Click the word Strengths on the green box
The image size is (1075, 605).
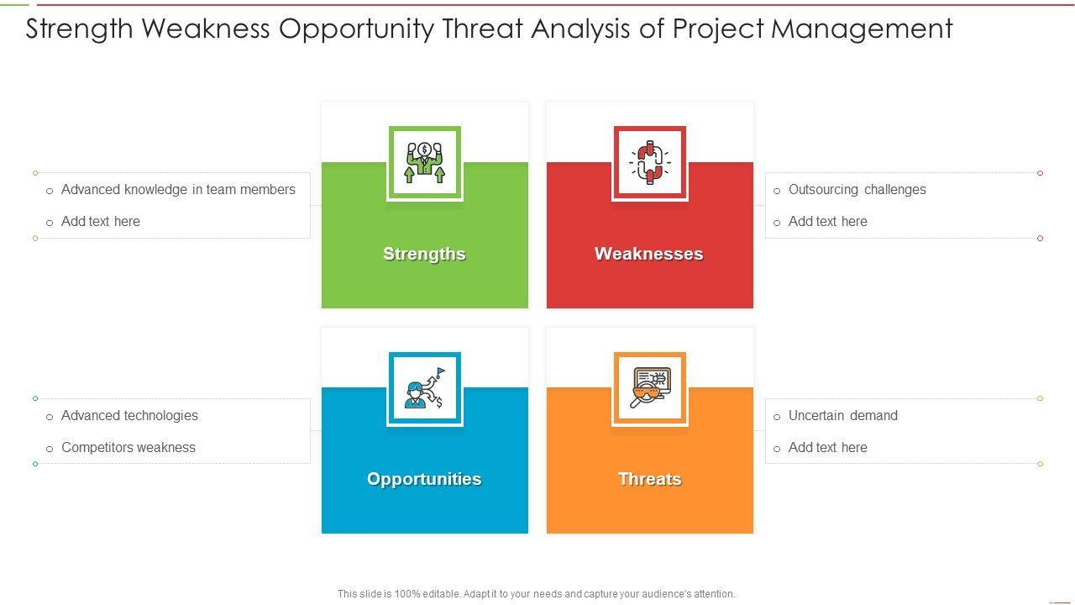point(424,254)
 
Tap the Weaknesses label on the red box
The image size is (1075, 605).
point(649,254)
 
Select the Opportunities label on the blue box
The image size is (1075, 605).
point(424,479)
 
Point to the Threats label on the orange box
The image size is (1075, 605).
point(650,479)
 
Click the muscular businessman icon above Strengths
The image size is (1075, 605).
point(424,163)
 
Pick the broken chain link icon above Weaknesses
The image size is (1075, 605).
point(650,163)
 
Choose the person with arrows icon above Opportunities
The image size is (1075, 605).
point(424,388)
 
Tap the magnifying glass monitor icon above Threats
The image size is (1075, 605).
point(650,388)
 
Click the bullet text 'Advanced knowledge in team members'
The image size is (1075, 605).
point(178,190)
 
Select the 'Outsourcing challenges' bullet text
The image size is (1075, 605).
point(857,190)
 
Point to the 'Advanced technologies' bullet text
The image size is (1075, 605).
point(129,415)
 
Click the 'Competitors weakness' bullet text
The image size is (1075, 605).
point(128,448)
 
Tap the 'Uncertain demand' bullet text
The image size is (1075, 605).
point(842,415)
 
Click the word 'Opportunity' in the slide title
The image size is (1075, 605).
point(356,29)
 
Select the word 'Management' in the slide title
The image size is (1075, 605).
point(862,29)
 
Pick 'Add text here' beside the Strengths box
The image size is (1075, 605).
point(100,221)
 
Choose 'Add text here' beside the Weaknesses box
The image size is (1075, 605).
point(828,221)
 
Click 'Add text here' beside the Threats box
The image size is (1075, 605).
point(828,448)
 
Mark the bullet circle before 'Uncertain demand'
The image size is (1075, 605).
point(777,418)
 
